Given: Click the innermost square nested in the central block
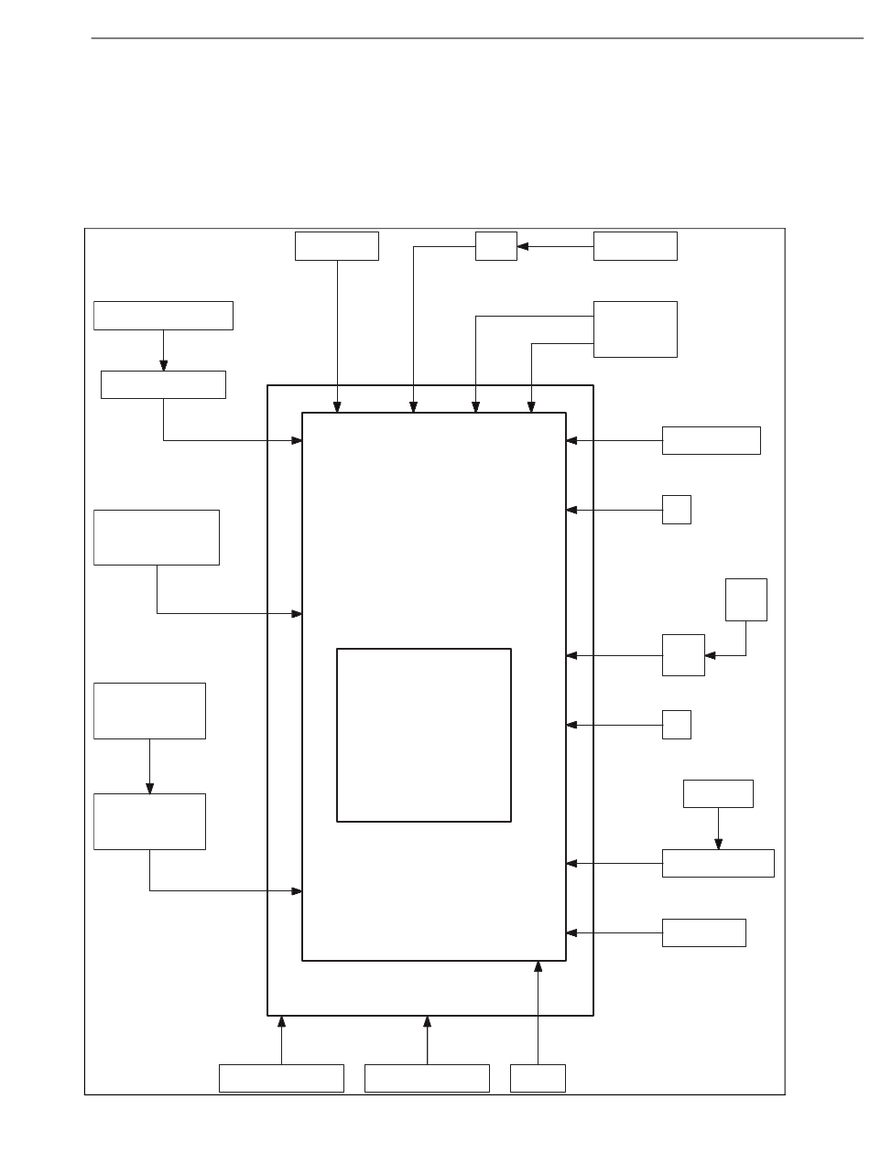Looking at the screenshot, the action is click(x=423, y=735).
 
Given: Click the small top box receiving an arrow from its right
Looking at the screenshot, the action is click(x=495, y=246).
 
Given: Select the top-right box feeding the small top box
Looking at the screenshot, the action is click(x=635, y=246).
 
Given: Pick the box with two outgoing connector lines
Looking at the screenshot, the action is click(x=635, y=329).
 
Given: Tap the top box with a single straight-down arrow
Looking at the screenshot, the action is click(x=336, y=246).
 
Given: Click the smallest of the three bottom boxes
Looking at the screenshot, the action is click(x=538, y=1078).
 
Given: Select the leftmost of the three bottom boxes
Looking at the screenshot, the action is click(x=281, y=1078).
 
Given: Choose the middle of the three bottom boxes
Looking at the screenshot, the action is click(x=427, y=1078).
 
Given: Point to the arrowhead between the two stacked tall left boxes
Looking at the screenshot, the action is click(x=149, y=788).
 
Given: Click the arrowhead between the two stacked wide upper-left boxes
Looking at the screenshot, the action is click(x=163, y=365).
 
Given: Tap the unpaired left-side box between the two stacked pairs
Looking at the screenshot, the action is click(x=157, y=537).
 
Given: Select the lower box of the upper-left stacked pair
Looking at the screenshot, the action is click(x=163, y=384).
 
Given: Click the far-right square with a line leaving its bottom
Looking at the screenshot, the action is click(x=745, y=599).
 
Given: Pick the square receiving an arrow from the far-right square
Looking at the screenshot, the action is click(x=683, y=654).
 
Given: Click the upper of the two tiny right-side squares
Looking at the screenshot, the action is click(x=676, y=510).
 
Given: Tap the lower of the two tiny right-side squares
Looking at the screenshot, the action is click(x=676, y=724).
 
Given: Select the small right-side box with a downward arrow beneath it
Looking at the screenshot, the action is click(x=718, y=793).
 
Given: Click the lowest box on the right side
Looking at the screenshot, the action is click(x=703, y=932).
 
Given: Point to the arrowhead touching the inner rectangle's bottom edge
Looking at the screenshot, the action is click(x=538, y=966).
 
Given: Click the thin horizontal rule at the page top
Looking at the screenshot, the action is click(x=476, y=38).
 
